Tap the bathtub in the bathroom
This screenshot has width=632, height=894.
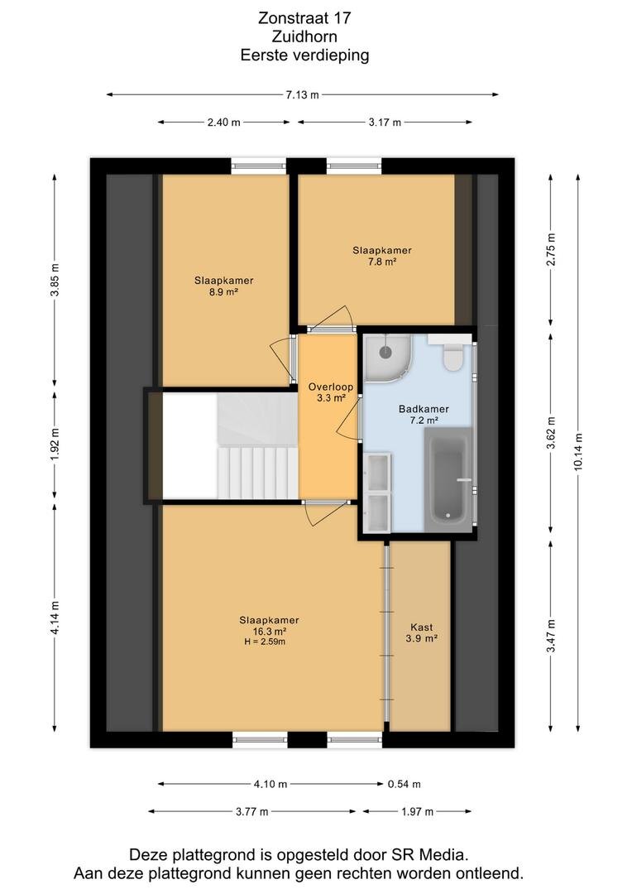(448, 479)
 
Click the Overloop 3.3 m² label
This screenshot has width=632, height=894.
(331, 392)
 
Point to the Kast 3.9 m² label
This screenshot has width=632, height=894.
(422, 633)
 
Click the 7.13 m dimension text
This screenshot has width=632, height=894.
(302, 94)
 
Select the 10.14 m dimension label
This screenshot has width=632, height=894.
(578, 452)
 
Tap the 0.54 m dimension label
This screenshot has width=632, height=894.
(404, 784)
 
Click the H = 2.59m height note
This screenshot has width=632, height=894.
(265, 642)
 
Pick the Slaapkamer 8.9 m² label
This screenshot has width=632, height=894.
(224, 286)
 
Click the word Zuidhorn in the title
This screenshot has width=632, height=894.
(304, 36)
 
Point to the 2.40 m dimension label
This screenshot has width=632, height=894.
(224, 122)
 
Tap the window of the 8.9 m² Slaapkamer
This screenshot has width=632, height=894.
(259, 166)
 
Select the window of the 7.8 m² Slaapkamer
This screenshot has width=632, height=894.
(354, 166)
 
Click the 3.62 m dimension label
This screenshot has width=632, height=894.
(550, 433)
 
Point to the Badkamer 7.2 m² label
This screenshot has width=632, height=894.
(424, 415)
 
